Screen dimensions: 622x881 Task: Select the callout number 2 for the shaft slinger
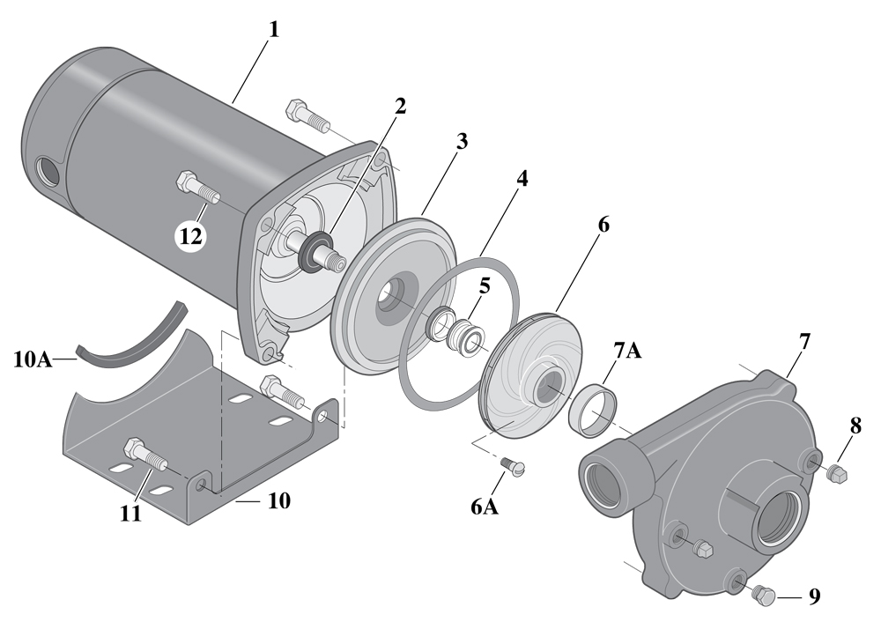(x=400, y=107)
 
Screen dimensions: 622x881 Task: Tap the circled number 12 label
(x=192, y=235)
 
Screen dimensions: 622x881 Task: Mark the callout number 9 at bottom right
(x=814, y=596)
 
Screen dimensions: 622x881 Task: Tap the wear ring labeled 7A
(x=596, y=408)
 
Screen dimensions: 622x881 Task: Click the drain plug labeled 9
(x=764, y=596)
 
